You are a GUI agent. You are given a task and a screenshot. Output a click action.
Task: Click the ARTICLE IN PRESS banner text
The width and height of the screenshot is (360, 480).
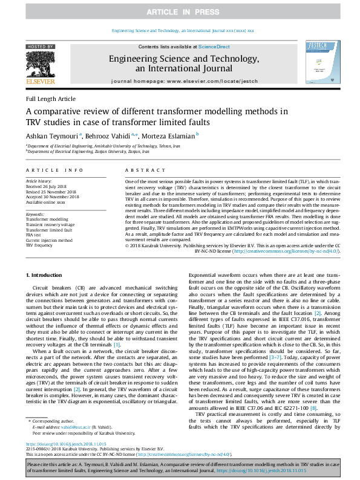[180, 11]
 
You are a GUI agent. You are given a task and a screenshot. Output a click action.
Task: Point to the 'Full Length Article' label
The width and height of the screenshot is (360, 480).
[51, 99]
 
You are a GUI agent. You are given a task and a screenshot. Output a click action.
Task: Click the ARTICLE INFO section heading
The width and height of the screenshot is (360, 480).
[54, 171]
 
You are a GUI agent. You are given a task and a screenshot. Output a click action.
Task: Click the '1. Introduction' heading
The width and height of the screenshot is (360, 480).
[45, 274]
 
